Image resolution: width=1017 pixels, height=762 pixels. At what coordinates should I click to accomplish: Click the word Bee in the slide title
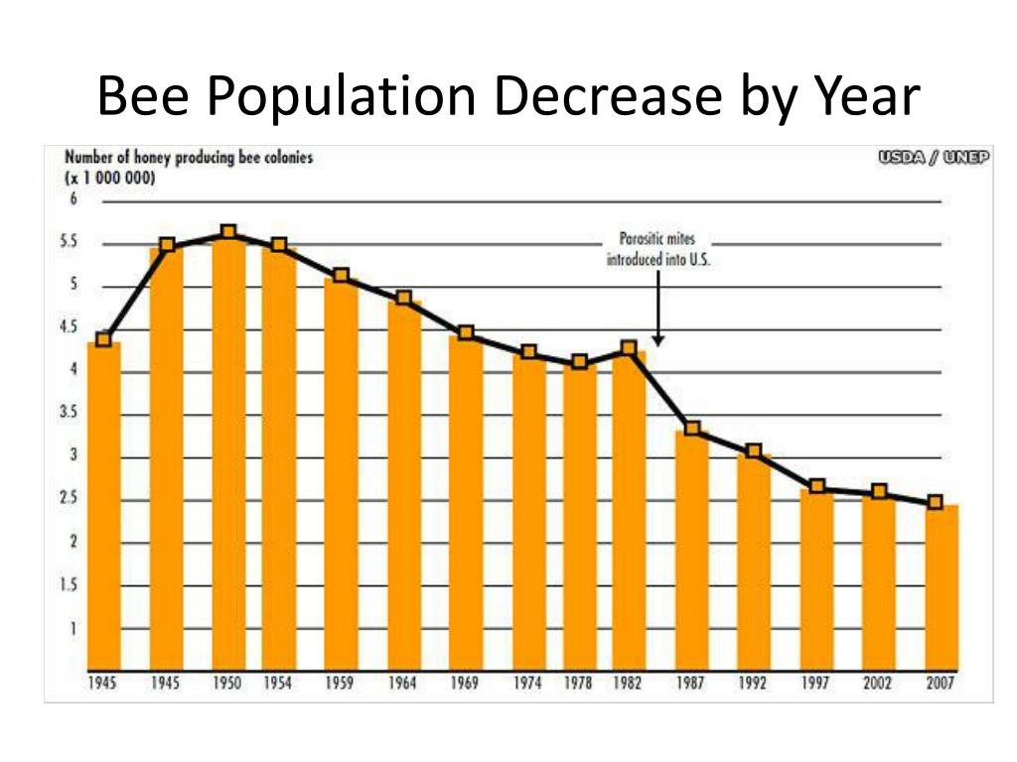[x=143, y=96]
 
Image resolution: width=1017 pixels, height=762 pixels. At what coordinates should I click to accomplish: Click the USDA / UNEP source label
[x=934, y=158]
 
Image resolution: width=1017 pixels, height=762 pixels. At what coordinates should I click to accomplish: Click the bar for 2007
[x=942, y=585]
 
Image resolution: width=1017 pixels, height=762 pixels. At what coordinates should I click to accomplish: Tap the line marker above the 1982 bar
[x=628, y=348]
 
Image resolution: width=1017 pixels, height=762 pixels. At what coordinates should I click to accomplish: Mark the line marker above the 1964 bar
[x=403, y=298]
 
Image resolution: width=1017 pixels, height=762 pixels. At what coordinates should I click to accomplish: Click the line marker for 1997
[x=817, y=486]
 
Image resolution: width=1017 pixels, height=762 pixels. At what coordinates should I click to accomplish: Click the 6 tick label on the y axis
[x=73, y=199]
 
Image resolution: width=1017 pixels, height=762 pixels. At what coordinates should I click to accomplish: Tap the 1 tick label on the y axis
[x=73, y=628]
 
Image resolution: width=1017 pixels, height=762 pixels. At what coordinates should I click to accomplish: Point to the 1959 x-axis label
[x=341, y=685]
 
